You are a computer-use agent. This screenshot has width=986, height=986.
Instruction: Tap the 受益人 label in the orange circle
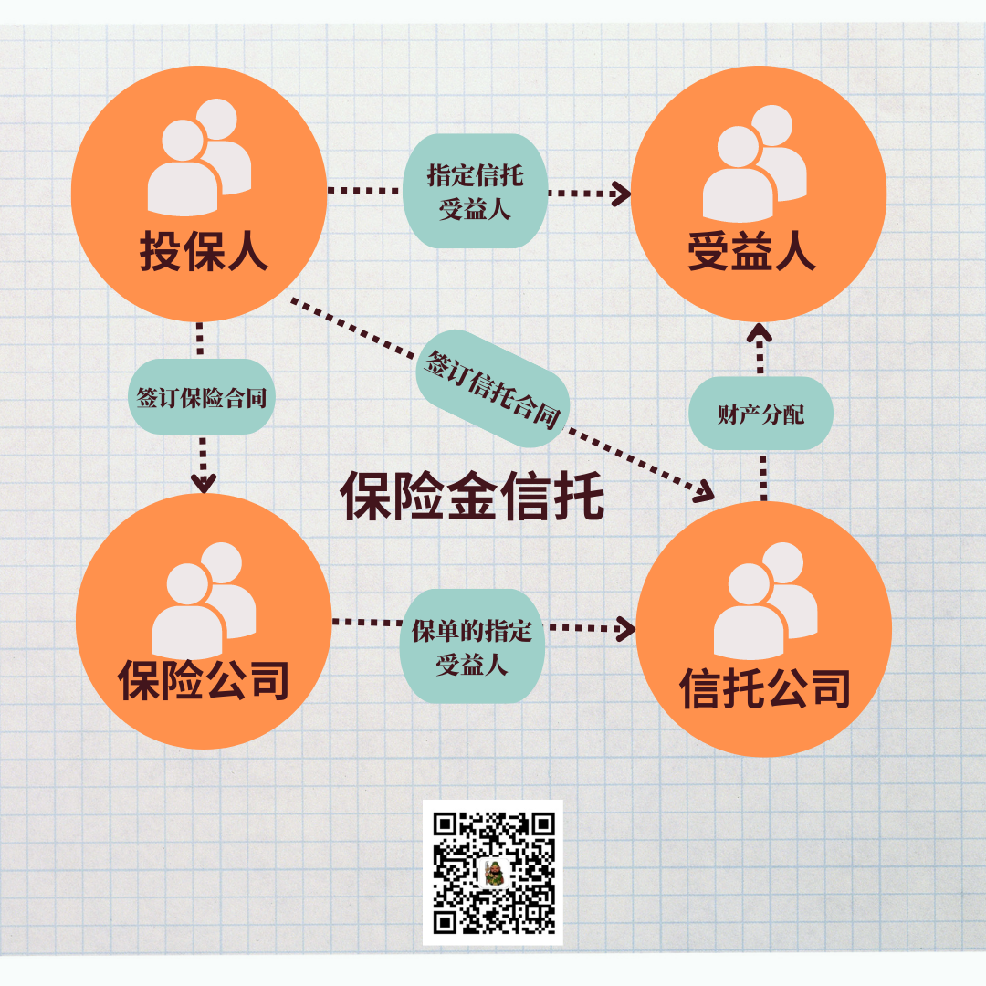(751, 251)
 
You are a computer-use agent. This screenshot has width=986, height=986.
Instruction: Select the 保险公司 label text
(204, 679)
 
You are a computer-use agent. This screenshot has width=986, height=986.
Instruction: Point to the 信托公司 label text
(764, 688)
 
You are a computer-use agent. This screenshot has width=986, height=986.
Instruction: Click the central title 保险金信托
(472, 496)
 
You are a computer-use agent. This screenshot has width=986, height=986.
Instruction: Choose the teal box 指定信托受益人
(475, 191)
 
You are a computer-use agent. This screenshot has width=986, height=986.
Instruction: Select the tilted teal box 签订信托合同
(493, 388)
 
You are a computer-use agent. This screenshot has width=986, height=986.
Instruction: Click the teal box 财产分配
(760, 414)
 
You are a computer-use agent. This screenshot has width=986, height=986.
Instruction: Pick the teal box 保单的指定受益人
(472, 645)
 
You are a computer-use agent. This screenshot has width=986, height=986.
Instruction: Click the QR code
(493, 872)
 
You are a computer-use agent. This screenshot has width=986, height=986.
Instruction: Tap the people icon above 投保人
(200, 155)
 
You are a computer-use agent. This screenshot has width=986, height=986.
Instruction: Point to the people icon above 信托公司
(765, 599)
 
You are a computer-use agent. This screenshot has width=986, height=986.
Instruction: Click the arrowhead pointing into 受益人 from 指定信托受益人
(621, 193)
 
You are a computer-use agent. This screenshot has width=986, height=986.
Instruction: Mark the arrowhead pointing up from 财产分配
(760, 334)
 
